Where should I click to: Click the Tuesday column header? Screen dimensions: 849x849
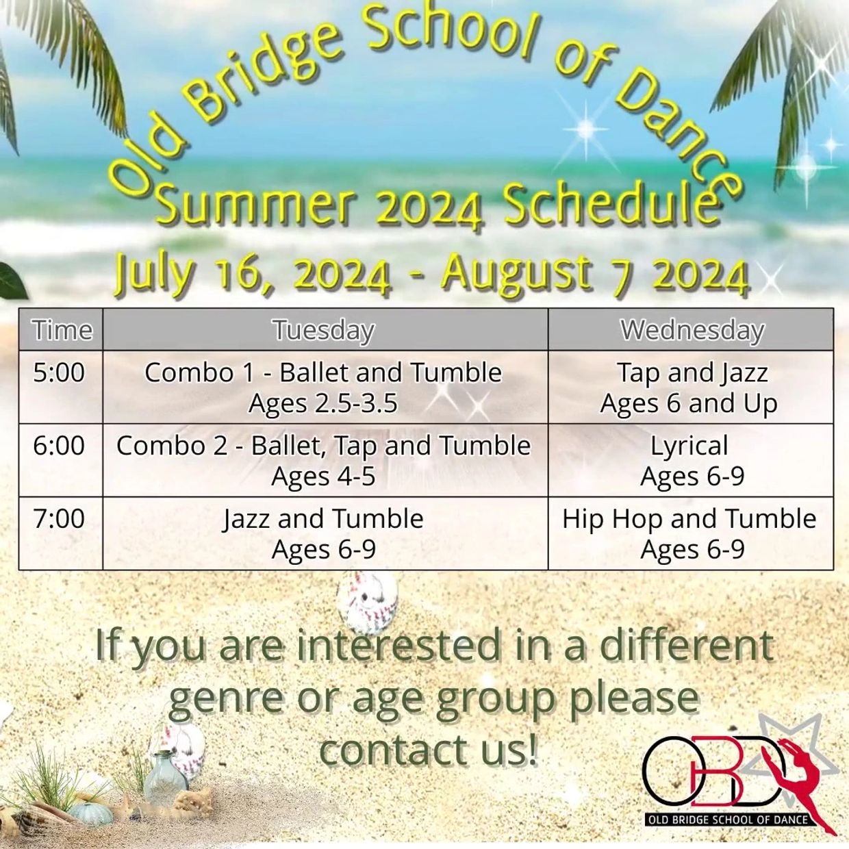pos(325,330)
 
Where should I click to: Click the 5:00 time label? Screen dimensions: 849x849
pos(59,372)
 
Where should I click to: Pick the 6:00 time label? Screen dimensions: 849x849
pos(59,445)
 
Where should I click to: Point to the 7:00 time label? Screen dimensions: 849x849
pos(59,518)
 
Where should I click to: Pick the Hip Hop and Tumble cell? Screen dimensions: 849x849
pos(689,533)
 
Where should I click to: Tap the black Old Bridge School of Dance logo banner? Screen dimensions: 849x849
pos(727,820)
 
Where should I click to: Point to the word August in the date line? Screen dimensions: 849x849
pos(517,274)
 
